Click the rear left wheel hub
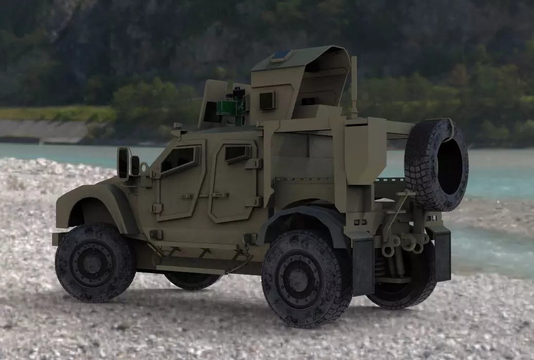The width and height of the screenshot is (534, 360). coord(299,278)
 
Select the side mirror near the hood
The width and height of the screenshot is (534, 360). coord(124,163)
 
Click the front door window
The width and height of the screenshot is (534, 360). coord(179,158)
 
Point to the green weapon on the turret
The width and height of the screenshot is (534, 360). coord(229,107)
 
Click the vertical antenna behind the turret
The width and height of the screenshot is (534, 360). coord(354,85)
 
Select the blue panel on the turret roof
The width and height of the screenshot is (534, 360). coord(282,55)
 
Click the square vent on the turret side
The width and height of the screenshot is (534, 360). coord(268,100)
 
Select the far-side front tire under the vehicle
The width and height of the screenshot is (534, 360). coord(193,280)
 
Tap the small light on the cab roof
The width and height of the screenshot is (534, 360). coord(177,126)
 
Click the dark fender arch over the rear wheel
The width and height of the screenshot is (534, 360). coord(304,216)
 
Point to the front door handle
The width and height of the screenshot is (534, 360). coord(186,196)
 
